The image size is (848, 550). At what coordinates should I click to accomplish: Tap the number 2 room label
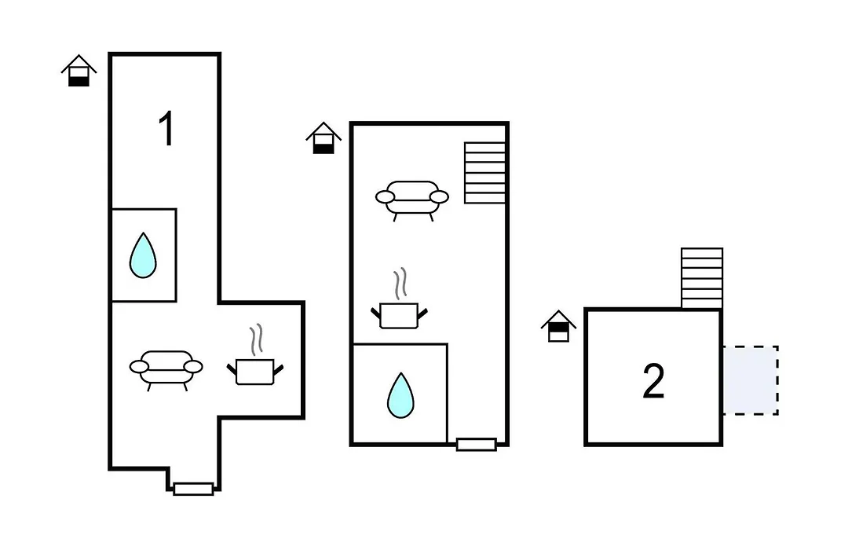tap(653, 381)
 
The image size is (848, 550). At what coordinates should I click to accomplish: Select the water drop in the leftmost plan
tap(143, 255)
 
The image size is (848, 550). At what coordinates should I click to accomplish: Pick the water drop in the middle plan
tap(400, 395)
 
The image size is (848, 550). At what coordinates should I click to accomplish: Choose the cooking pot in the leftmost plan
tap(254, 372)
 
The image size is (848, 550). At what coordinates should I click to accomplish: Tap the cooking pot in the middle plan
tap(399, 316)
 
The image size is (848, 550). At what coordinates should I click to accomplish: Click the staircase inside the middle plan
tap(484, 173)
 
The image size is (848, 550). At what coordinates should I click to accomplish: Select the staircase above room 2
tap(702, 278)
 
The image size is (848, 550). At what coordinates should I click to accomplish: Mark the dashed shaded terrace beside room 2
tap(751, 380)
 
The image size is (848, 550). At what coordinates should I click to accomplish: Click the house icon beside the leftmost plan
tap(79, 71)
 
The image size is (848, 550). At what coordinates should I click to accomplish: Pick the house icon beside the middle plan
tap(323, 138)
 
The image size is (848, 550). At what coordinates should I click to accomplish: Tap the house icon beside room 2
tap(559, 326)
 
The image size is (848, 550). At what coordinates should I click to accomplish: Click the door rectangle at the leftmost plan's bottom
tap(193, 489)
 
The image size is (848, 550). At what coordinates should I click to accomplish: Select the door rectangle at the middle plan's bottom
tap(477, 445)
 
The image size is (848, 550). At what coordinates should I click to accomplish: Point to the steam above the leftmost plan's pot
tap(256, 339)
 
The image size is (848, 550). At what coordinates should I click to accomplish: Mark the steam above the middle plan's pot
tap(400, 284)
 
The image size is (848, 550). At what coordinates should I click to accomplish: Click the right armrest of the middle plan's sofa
tap(439, 197)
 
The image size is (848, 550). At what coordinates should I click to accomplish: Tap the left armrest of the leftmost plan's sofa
tap(139, 367)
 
